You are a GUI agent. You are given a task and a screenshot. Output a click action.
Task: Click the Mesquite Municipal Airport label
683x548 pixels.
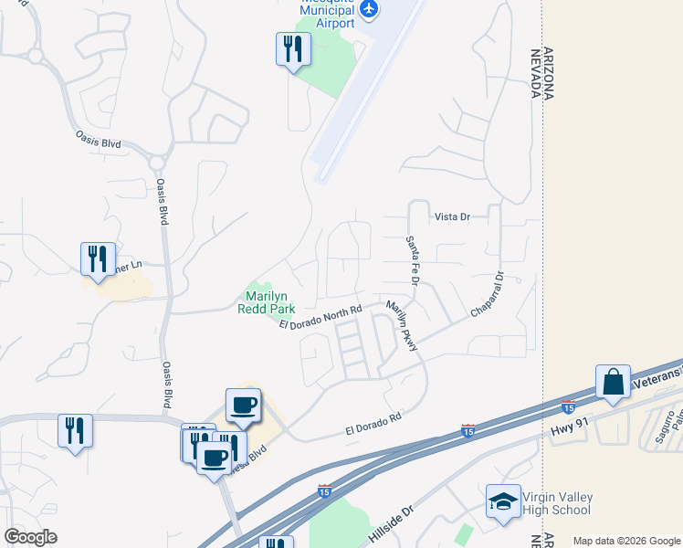click(x=327, y=15)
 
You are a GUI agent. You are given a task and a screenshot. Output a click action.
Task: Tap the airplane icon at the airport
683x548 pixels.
click(x=368, y=9)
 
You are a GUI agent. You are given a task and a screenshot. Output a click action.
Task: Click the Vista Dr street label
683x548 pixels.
click(x=451, y=216)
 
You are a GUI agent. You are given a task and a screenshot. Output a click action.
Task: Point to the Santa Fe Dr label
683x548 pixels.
click(x=411, y=260)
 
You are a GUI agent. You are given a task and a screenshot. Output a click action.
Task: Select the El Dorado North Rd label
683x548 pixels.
click(x=320, y=319)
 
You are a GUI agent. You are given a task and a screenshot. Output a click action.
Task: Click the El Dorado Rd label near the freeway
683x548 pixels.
click(x=373, y=422)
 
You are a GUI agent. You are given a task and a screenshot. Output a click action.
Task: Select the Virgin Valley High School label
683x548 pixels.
click(x=556, y=503)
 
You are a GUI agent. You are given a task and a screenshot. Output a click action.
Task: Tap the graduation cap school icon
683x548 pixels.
click(x=503, y=501)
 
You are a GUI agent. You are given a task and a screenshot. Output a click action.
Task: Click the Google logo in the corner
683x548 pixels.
click(x=30, y=537)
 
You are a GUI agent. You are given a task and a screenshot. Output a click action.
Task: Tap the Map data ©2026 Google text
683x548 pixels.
click(x=625, y=541)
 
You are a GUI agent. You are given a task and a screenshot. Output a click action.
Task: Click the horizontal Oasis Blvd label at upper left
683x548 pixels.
click(x=98, y=139)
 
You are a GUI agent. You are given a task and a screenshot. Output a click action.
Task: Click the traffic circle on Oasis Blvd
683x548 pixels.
click(x=157, y=163)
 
